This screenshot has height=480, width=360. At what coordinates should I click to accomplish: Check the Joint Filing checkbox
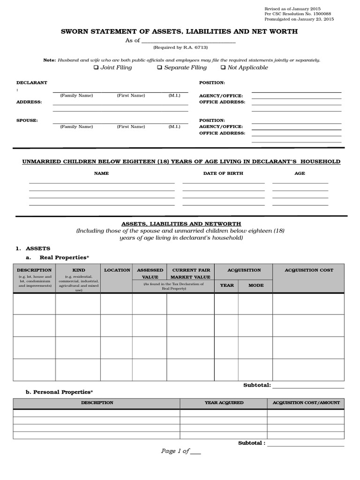96,67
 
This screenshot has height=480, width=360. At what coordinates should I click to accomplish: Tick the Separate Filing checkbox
160,67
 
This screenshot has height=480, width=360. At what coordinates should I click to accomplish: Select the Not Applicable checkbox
223,67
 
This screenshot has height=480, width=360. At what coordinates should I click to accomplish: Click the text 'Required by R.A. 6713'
180,48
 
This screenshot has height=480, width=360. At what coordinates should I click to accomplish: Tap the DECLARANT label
32,82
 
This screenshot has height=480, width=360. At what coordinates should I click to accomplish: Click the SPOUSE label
27,120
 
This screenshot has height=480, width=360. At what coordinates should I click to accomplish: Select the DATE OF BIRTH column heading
223,173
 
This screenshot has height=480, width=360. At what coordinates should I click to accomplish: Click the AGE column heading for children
300,173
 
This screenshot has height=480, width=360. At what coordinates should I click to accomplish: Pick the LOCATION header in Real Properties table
117,270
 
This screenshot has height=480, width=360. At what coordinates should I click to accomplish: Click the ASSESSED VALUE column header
150,273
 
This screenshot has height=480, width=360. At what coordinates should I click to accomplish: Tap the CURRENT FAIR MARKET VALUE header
191,273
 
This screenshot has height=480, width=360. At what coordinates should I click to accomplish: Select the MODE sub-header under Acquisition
255,285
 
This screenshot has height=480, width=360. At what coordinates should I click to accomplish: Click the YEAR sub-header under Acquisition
227,285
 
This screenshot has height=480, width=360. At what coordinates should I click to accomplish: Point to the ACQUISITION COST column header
309,270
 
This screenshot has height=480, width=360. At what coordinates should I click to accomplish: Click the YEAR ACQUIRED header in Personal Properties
224,403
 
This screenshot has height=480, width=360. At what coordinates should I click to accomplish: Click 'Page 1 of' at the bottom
175,451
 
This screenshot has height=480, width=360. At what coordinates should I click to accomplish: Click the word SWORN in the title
76,31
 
